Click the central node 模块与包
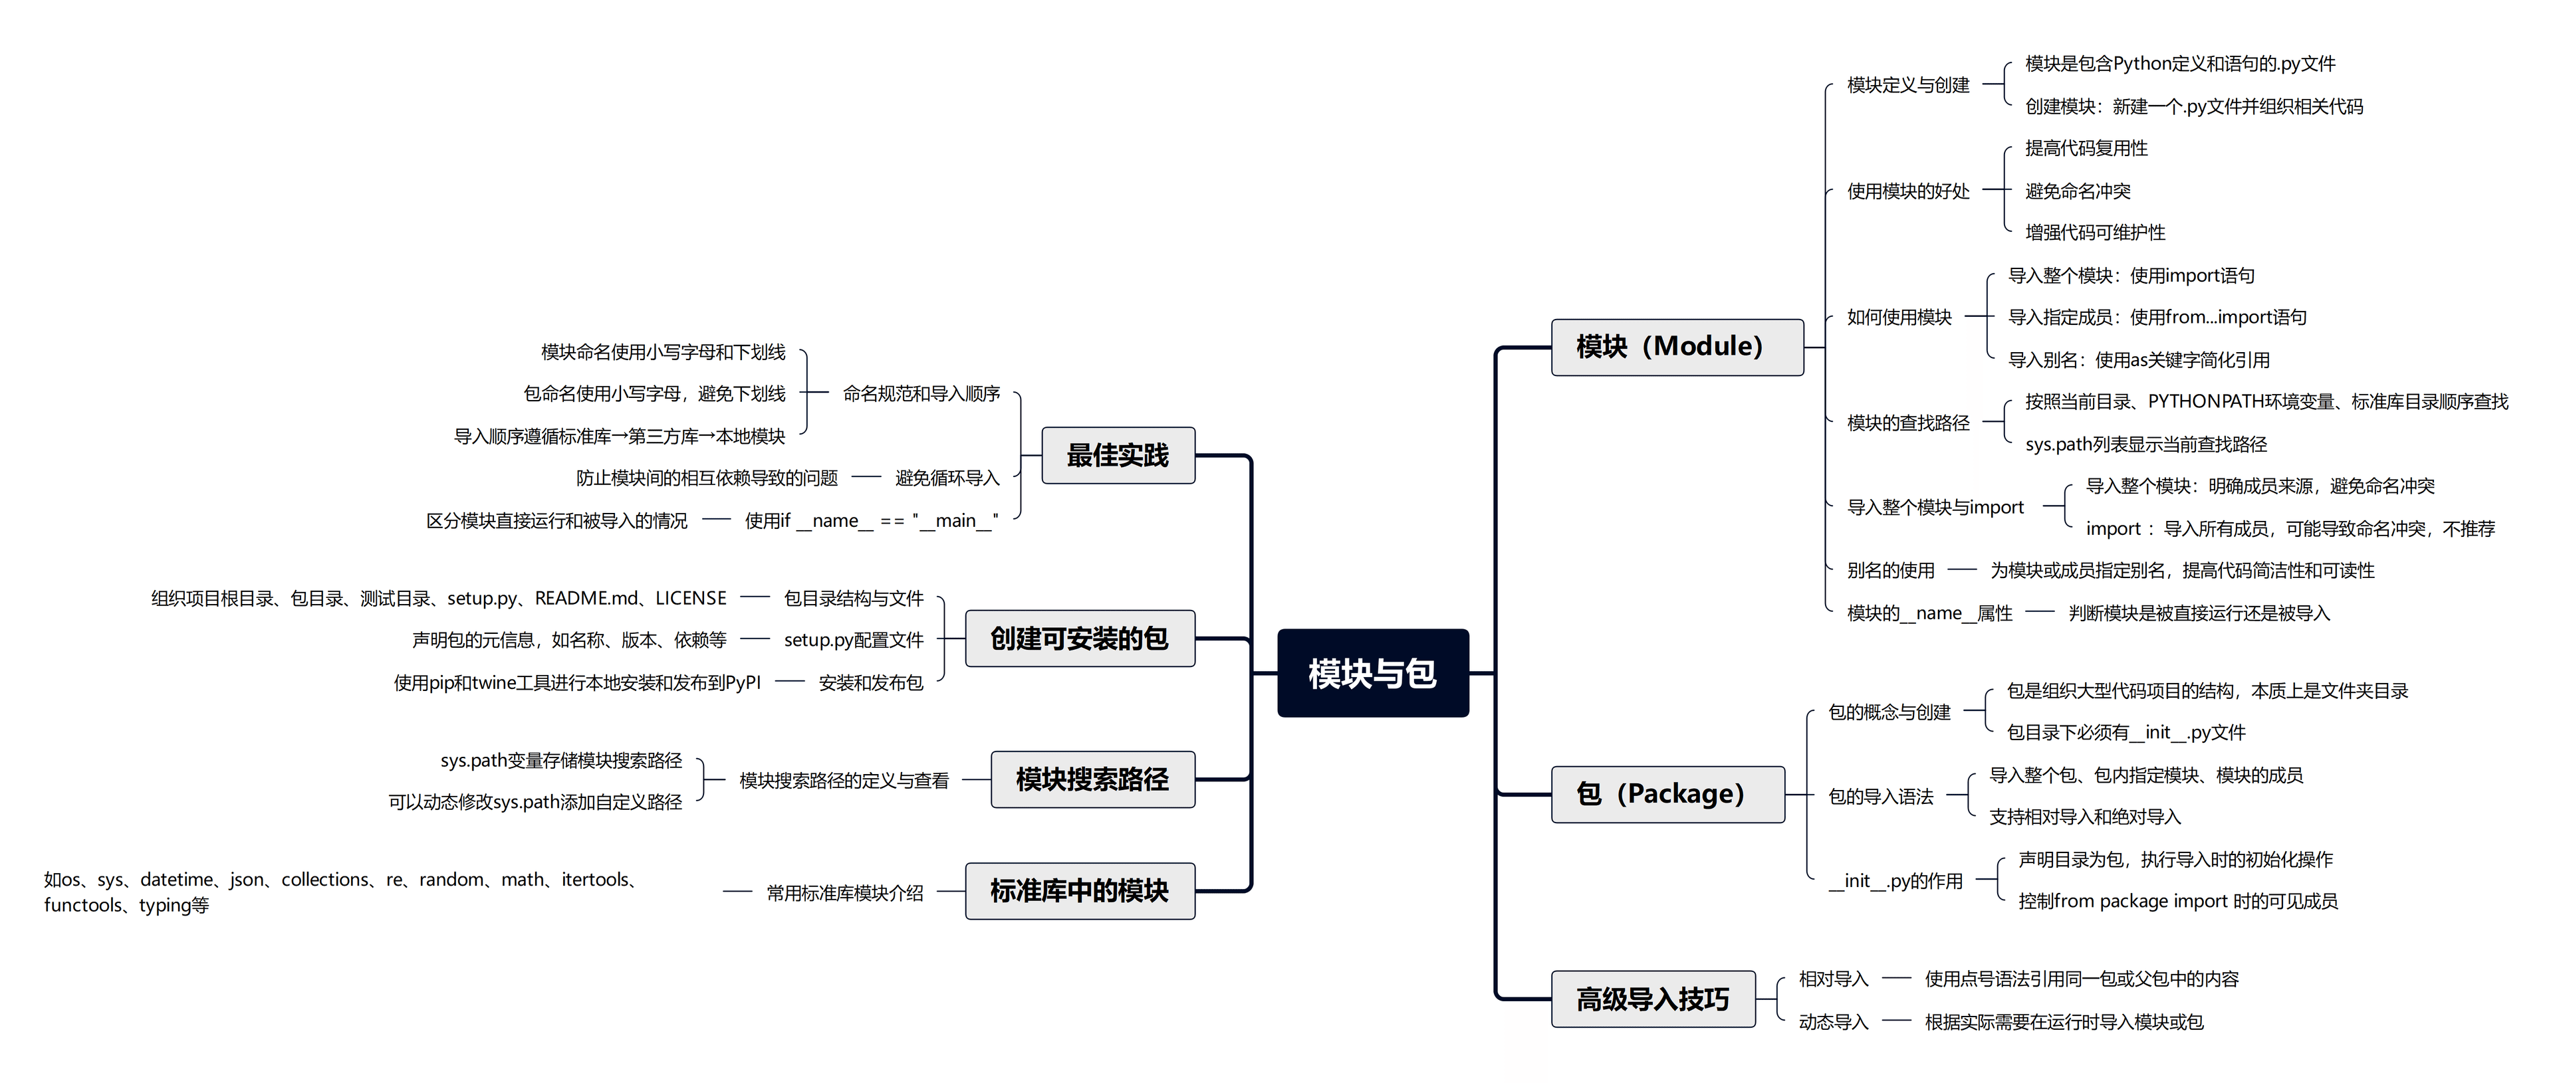[1373, 673]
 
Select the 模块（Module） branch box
[1676, 347]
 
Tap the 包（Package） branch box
[1667, 794]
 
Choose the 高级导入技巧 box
[1652, 999]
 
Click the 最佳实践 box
[1117, 456]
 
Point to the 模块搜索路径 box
[1092, 780]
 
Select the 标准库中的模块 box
[1079, 891]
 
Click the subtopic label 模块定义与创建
[1908, 85]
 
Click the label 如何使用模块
[1899, 317]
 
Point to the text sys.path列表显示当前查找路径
[2145, 444]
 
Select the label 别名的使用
[1890, 570]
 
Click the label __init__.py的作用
[1895, 881]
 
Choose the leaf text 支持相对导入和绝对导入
[2084, 817]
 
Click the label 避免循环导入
[947, 478]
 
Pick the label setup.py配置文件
[853, 640]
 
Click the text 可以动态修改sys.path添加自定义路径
[535, 801]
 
